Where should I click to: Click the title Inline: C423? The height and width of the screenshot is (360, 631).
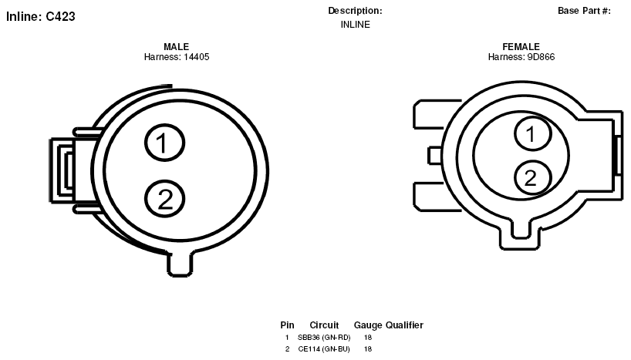(41, 16)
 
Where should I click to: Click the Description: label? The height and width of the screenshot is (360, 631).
(355, 11)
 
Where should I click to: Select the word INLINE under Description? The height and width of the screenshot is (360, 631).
(356, 25)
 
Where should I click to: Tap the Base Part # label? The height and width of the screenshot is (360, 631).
(584, 11)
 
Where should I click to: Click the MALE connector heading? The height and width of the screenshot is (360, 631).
(176, 47)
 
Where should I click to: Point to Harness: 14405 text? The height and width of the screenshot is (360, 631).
(177, 57)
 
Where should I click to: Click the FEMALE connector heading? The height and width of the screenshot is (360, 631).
(521, 47)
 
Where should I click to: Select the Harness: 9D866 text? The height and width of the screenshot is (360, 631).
(521, 57)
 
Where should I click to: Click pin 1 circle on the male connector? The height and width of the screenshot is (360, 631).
(164, 143)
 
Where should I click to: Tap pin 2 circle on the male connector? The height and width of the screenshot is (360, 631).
(164, 199)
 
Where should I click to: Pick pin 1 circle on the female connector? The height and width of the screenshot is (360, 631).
(532, 133)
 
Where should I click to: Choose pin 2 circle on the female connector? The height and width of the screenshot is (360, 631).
(532, 178)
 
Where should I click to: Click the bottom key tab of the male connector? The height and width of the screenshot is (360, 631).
(180, 264)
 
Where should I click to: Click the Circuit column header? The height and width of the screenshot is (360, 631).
(324, 325)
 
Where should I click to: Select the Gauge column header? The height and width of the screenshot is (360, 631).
(368, 325)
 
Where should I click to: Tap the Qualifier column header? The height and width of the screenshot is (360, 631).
(404, 325)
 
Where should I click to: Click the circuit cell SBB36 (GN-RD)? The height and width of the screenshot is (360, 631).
(324, 338)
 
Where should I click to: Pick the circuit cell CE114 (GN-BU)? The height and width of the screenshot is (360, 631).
(324, 349)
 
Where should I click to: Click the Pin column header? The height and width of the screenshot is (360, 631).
(287, 325)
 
